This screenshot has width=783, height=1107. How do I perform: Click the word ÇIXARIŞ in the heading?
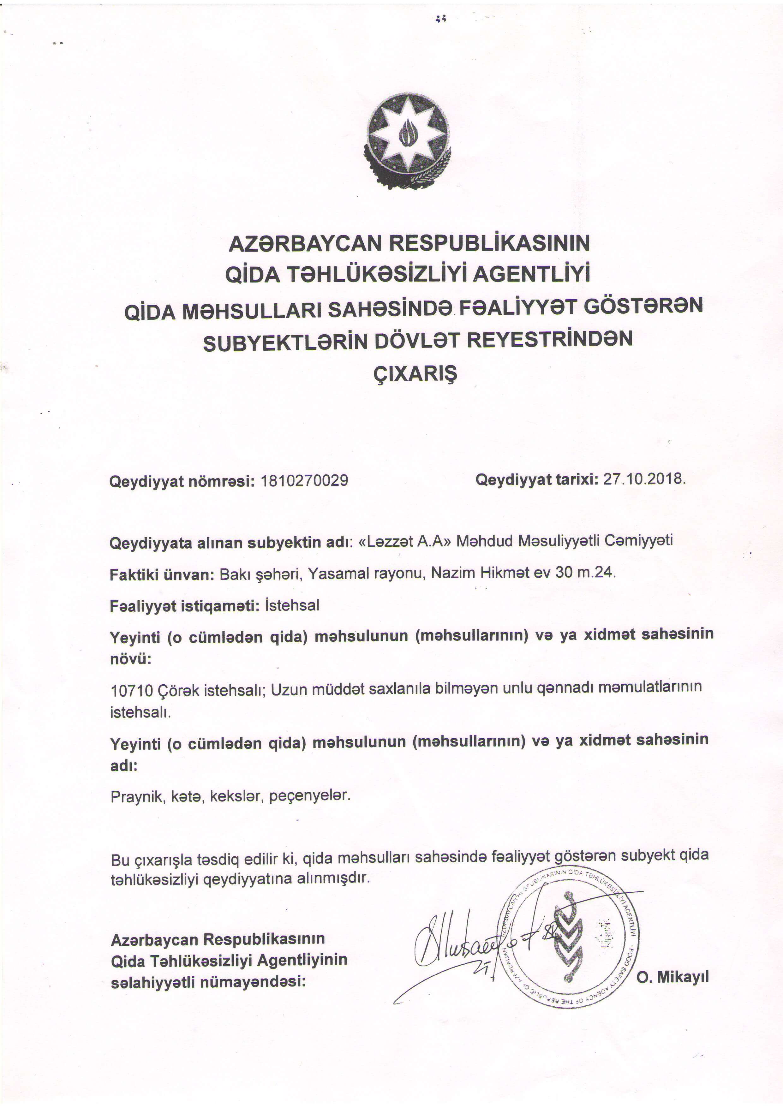(415, 374)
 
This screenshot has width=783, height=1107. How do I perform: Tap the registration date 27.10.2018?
(644, 479)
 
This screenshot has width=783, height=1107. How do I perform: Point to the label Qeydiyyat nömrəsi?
(182, 481)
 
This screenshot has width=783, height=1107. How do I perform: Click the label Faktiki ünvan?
(162, 575)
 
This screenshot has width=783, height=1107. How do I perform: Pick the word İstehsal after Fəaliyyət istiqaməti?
(292, 605)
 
